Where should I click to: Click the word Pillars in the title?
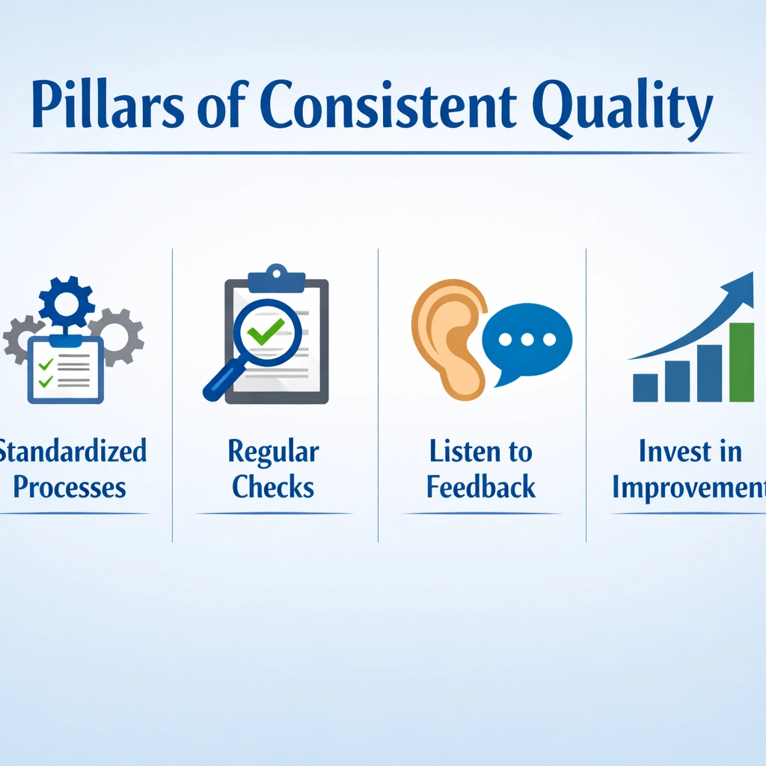tap(108, 103)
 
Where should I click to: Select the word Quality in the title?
tap(623, 108)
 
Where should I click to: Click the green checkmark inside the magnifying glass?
tap(266, 330)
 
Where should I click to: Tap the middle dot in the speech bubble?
tap(527, 339)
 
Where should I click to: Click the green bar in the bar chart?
tap(741, 362)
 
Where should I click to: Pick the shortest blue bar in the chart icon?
tap(645, 388)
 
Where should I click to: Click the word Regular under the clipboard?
tap(274, 453)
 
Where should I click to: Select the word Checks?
tap(272, 486)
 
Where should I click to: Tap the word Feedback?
tap(481, 486)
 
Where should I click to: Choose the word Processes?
tap(70, 488)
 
